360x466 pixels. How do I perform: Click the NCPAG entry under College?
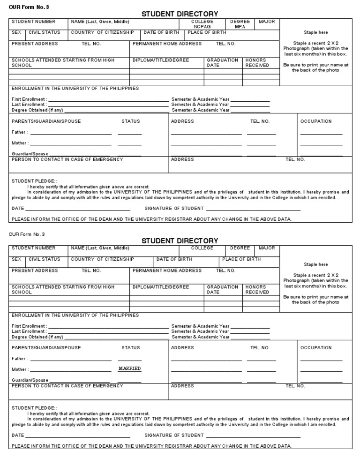pyautogui.click(x=202, y=27)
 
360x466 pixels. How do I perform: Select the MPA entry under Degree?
pyautogui.click(x=240, y=27)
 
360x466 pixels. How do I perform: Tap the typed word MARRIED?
pyautogui.click(x=129, y=368)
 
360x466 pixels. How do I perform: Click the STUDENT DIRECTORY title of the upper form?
pyautogui.click(x=180, y=14)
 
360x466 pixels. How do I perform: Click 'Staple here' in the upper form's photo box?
pyautogui.click(x=315, y=32)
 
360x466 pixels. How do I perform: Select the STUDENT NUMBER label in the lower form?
pyautogui.click(x=33, y=248)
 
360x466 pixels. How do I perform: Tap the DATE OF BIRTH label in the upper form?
pyautogui.click(x=161, y=32)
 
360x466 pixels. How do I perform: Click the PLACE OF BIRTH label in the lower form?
pyautogui.click(x=241, y=259)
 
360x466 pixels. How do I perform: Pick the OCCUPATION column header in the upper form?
pyautogui.click(x=316, y=121)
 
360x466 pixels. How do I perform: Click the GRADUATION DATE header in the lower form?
pyautogui.click(x=222, y=289)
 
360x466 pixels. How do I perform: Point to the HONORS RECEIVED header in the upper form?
pyautogui.click(x=257, y=63)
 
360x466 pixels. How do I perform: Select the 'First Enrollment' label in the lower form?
pyautogui.click(x=29, y=326)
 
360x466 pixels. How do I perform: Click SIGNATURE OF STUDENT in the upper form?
pyautogui.click(x=174, y=208)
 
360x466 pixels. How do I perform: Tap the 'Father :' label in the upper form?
pyautogui.click(x=20, y=132)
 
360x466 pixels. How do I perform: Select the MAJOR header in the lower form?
pyautogui.click(x=267, y=248)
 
